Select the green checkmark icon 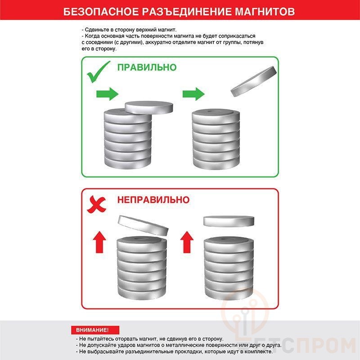click(x=98, y=72)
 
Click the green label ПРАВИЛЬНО click(x=147, y=67)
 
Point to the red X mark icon click(x=96, y=204)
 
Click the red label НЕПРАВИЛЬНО click(x=153, y=200)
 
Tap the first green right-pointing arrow click(x=107, y=94)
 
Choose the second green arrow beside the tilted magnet click(x=193, y=94)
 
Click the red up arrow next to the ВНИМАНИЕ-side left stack click(x=99, y=242)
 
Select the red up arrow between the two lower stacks click(x=187, y=242)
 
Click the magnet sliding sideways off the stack click(x=149, y=107)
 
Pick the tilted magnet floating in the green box click(x=254, y=81)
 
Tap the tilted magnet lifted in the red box click(x=143, y=225)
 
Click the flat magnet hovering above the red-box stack click(x=229, y=221)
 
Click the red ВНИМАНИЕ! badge click(x=95, y=330)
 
